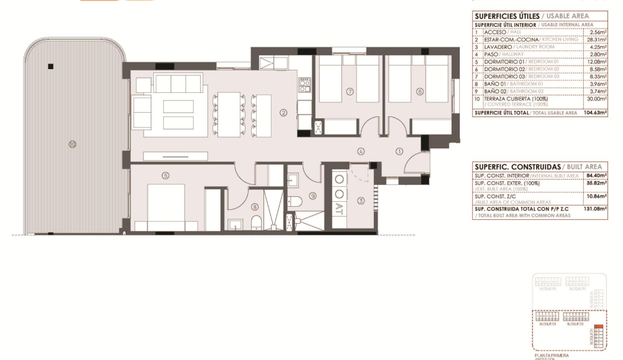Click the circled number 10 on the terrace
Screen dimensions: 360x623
click(x=73, y=144)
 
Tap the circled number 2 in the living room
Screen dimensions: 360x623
click(x=283, y=113)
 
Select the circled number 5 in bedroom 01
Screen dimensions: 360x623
click(x=165, y=176)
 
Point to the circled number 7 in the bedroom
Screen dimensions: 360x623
click(x=350, y=92)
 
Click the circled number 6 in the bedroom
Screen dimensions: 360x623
click(x=420, y=92)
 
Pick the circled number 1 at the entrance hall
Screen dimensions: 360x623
click(x=400, y=150)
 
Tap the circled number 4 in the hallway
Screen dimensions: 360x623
click(x=361, y=151)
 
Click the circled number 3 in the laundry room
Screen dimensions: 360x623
click(x=361, y=201)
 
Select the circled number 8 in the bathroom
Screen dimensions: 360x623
click(x=254, y=207)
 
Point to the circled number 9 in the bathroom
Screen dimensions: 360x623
click(x=313, y=196)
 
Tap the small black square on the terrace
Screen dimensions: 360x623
click(x=51, y=67)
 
